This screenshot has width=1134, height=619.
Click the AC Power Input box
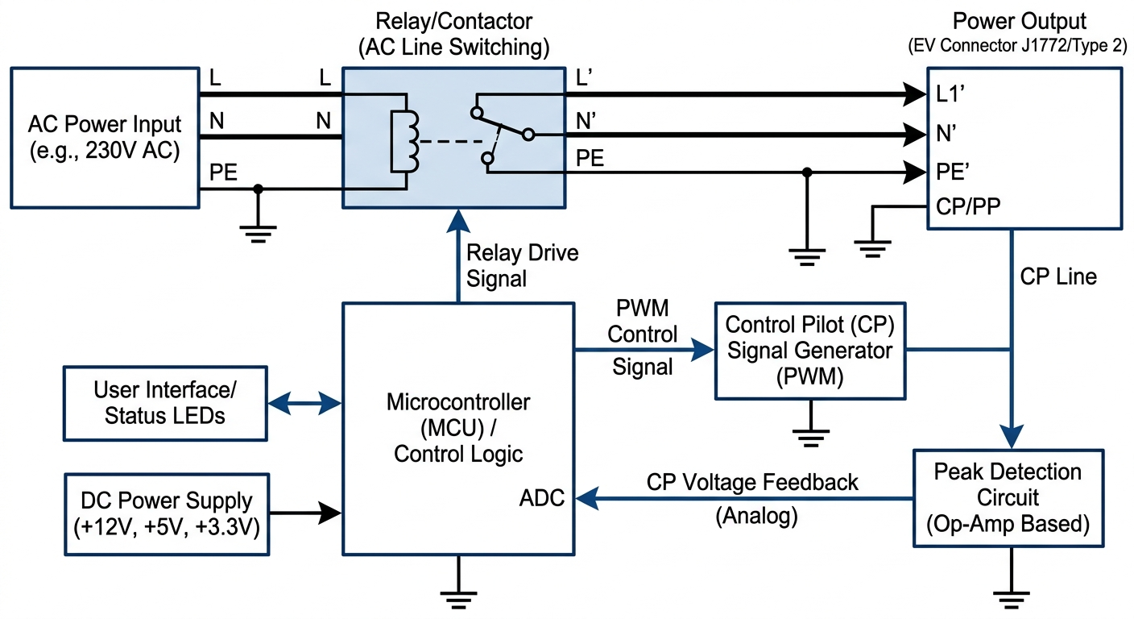(105, 137)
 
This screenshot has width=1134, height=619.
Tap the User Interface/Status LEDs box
(165, 403)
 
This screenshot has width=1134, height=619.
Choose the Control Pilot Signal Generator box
(809, 351)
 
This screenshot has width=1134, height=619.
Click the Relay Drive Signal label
(523, 265)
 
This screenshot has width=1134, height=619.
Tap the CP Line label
(1058, 276)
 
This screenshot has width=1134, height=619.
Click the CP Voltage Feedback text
(752, 482)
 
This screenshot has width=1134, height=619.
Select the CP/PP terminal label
(968, 206)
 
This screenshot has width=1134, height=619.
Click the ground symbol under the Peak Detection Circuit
(1009, 597)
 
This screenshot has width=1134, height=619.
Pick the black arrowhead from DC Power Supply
(331, 511)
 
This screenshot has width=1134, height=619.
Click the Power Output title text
(1019, 22)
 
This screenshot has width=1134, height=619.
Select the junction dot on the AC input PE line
(258, 190)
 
